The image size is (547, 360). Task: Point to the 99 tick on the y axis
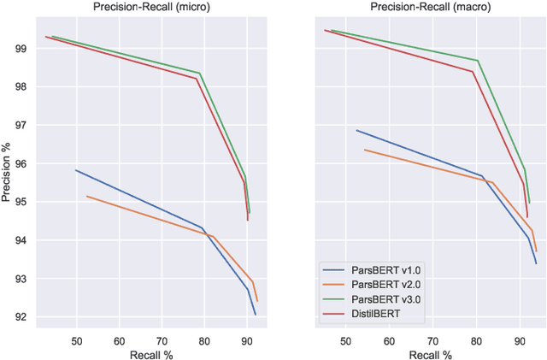[x=21, y=49]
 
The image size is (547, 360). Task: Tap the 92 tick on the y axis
[x=21, y=317]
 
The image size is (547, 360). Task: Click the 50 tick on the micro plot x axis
[x=76, y=340]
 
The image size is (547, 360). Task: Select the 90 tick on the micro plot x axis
[x=246, y=340]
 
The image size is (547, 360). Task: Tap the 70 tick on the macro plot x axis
[x=432, y=340]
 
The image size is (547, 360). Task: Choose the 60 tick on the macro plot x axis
[x=389, y=340]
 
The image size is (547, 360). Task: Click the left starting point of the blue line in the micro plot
[x=75, y=170]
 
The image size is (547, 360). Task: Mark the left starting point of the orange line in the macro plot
[x=364, y=150]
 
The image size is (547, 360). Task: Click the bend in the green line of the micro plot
[x=199, y=73]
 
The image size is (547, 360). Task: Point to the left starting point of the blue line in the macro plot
[x=356, y=130]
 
